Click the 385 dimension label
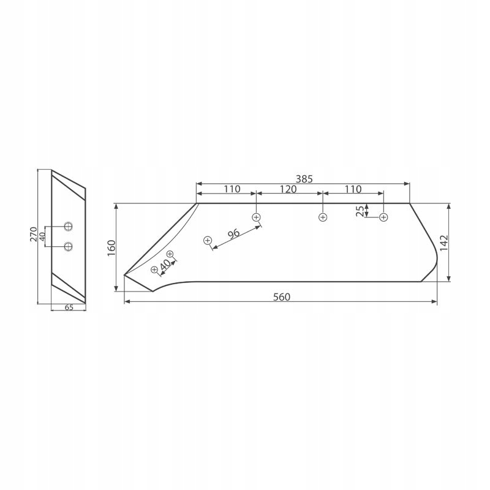(x=304, y=179)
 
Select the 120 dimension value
(x=288, y=189)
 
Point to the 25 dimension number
(x=360, y=211)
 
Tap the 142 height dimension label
(x=443, y=243)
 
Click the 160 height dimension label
(x=111, y=248)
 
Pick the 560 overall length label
(x=282, y=297)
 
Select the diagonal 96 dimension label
(x=233, y=234)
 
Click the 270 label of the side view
(x=34, y=234)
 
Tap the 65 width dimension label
(x=69, y=307)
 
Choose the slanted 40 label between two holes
(x=165, y=265)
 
